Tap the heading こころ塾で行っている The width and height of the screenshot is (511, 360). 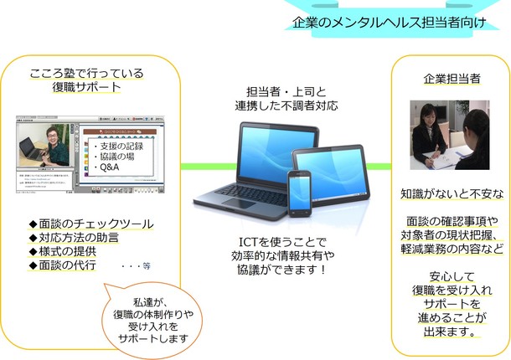click(86, 73)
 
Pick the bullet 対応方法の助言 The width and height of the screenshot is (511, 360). click(77, 237)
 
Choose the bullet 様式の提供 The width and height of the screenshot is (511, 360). click(70, 251)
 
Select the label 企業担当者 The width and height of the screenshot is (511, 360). click(451, 79)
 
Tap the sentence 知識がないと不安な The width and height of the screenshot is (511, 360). click(451, 193)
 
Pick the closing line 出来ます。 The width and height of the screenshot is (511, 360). click(451, 330)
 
